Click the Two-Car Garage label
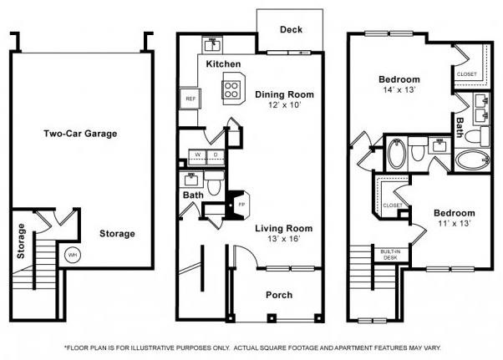[80, 134]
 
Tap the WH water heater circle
[73, 255]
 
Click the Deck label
[291, 30]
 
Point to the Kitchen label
[223, 64]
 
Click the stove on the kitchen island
[231, 86]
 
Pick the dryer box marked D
[215, 155]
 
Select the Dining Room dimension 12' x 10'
[282, 106]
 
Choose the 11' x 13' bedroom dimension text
[455, 225]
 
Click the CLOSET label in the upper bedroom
[466, 74]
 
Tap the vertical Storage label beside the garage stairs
[21, 241]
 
